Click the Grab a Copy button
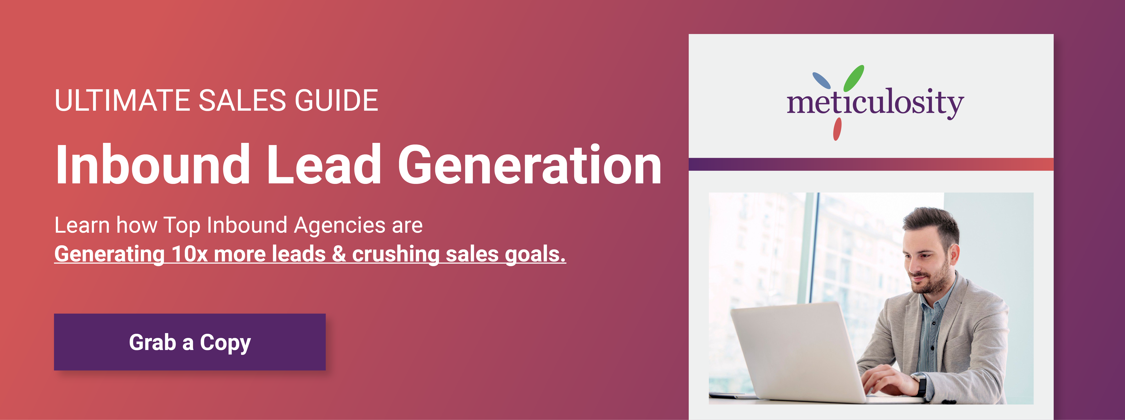tap(190, 342)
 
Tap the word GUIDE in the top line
tap(336, 100)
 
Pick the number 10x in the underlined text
tap(189, 254)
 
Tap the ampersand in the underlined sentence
tap(339, 254)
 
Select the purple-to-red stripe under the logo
tap(871, 164)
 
